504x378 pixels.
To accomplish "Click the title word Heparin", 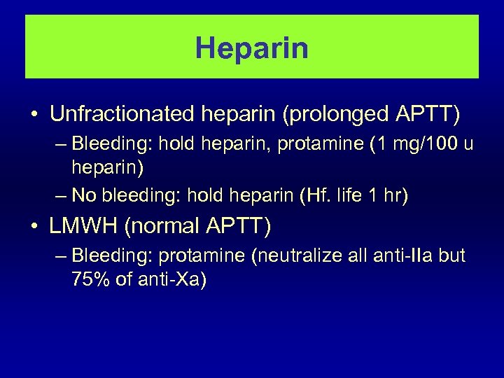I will [x=252, y=48].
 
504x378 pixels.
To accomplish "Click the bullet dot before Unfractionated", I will [x=33, y=114].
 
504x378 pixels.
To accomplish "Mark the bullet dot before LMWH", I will [x=33, y=227].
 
